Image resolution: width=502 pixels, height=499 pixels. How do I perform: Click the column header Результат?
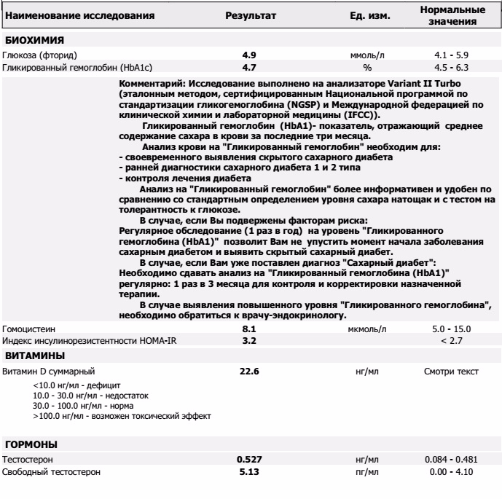(250, 15)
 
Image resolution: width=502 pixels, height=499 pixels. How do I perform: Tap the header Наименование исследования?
(79, 15)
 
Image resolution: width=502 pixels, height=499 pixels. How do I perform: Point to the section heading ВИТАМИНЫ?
(35, 355)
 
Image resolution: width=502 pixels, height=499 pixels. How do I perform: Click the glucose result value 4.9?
(249, 55)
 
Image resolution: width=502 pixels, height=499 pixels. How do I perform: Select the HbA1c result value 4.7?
(249, 67)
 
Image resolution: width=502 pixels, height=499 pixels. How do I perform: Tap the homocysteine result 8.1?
(249, 329)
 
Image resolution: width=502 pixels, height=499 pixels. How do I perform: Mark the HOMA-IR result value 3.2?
(249, 340)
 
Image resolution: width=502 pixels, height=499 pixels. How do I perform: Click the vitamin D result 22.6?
(249, 372)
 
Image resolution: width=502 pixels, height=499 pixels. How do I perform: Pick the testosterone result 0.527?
(249, 460)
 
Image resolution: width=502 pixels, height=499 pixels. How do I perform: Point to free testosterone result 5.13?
(249, 472)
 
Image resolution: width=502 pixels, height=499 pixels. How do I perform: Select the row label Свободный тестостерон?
(51, 472)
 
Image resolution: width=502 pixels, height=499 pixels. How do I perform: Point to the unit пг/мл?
(368, 472)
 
